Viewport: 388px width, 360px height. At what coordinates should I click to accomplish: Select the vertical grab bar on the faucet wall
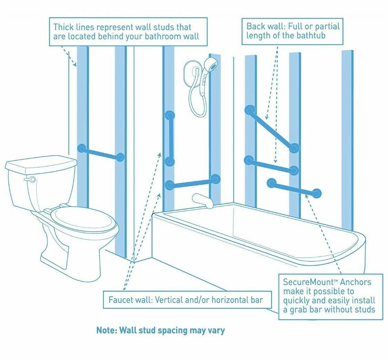(x=170, y=138)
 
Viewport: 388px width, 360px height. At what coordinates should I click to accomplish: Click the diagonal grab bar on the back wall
(x=272, y=129)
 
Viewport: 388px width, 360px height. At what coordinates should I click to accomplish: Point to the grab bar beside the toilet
(x=101, y=153)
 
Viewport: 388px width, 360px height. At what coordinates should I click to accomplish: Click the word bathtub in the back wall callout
(x=311, y=36)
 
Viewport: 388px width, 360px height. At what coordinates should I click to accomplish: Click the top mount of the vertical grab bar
(x=170, y=115)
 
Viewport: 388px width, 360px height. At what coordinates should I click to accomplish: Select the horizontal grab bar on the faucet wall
(x=192, y=182)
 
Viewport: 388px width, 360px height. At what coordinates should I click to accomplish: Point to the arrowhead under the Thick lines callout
(x=75, y=65)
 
